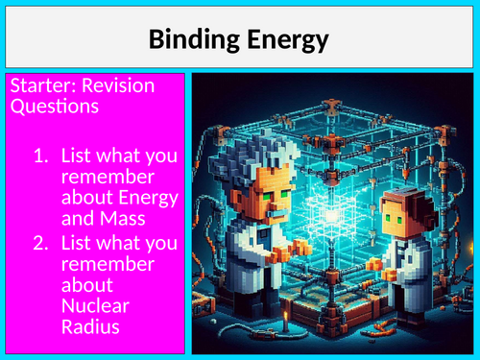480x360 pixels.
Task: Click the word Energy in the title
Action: [285, 39]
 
